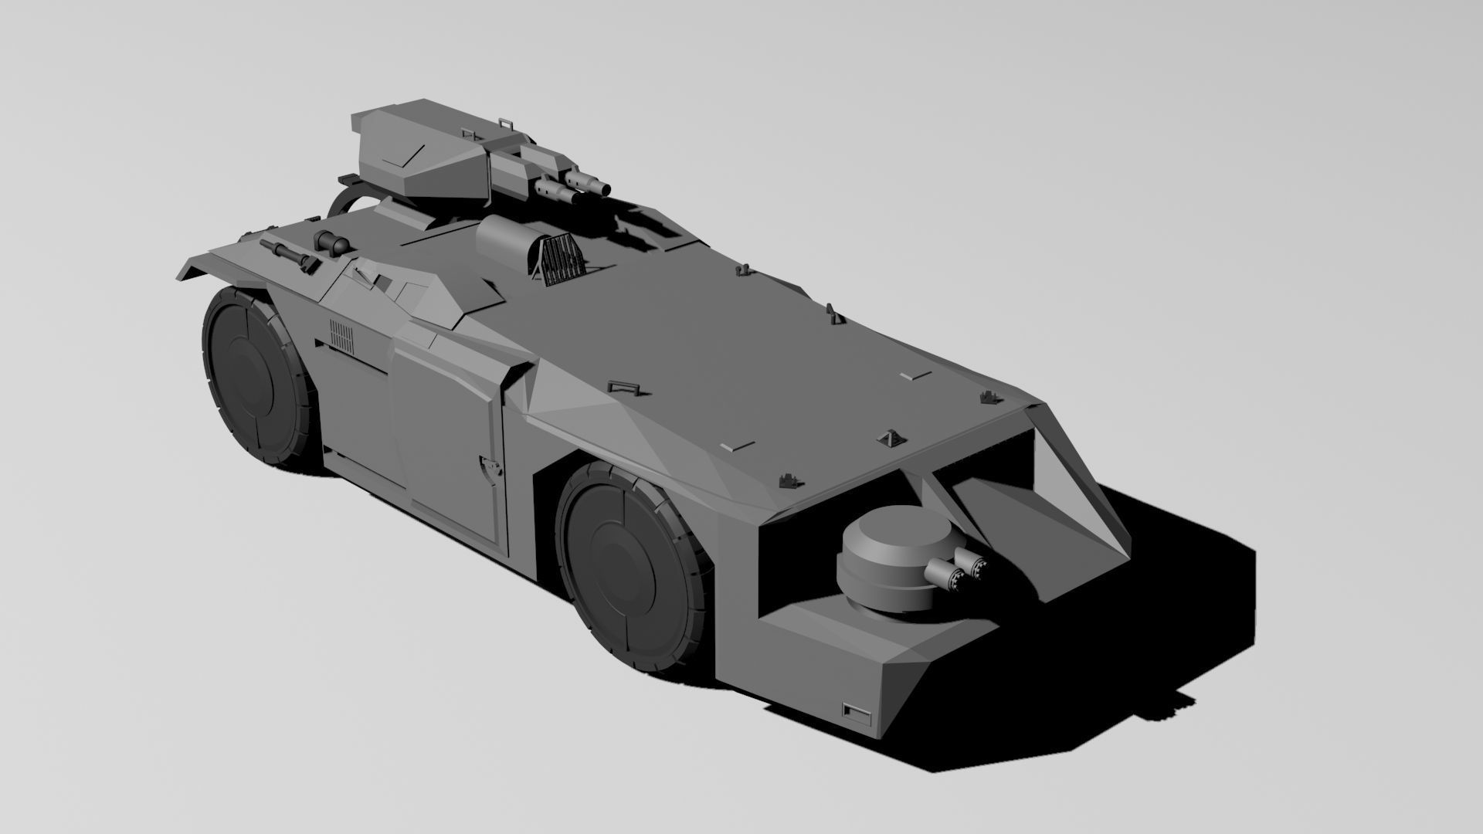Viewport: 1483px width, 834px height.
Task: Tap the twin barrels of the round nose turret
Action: coord(962,572)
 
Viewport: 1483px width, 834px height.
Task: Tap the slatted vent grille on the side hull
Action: coord(341,336)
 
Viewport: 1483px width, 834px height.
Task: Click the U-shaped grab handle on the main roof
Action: coord(621,387)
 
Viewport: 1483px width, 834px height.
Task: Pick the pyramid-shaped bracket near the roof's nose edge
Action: coord(890,439)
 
